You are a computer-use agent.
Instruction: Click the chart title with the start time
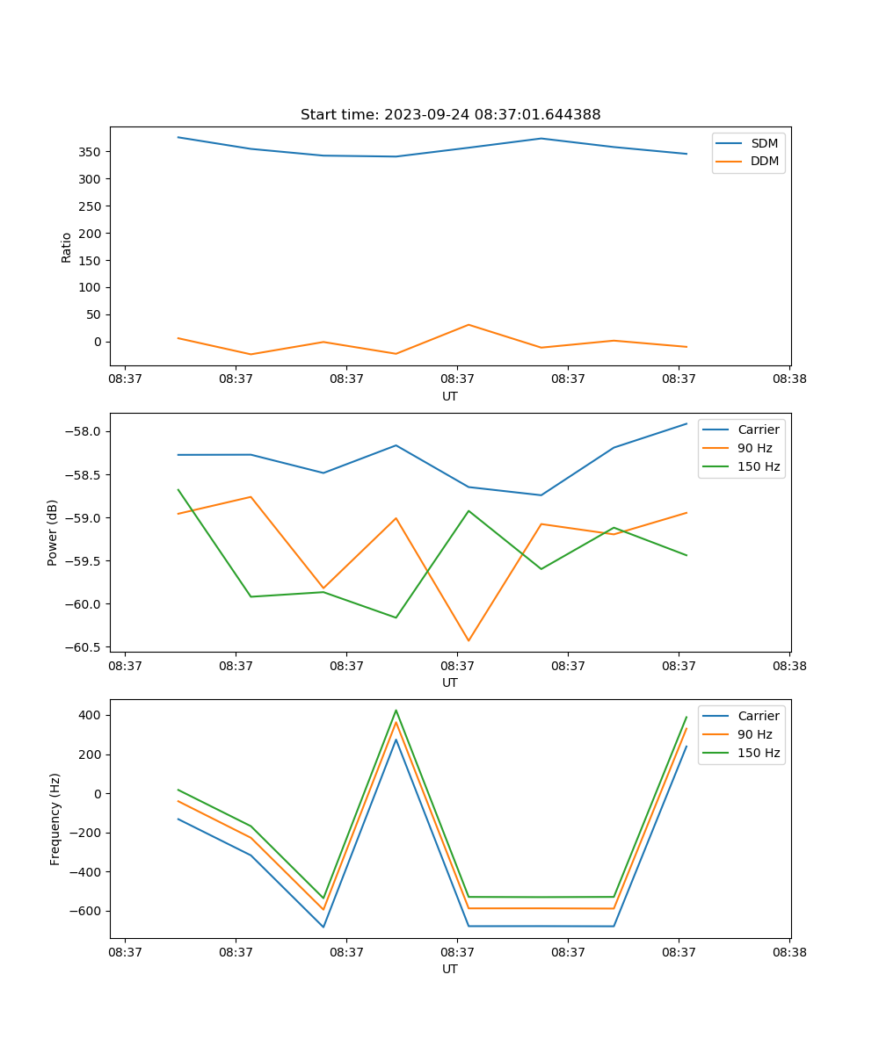[x=450, y=115]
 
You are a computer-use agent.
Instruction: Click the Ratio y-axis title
[x=67, y=247]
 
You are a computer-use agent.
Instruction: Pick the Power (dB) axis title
[x=53, y=532]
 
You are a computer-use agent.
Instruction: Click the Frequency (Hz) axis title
[x=55, y=819]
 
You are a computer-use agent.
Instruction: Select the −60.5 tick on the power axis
[x=86, y=647]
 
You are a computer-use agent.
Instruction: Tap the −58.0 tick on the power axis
[x=86, y=431]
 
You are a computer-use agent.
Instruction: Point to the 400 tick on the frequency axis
[x=90, y=715]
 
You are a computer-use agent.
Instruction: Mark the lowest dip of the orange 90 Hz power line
[x=469, y=640]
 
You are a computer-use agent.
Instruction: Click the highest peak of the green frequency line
[x=396, y=711]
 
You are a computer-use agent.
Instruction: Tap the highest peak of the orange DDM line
[x=469, y=325]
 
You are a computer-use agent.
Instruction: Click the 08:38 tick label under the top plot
[x=789, y=379]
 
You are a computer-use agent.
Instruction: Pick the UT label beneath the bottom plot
[x=450, y=969]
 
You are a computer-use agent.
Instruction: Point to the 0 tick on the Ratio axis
[x=98, y=342]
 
